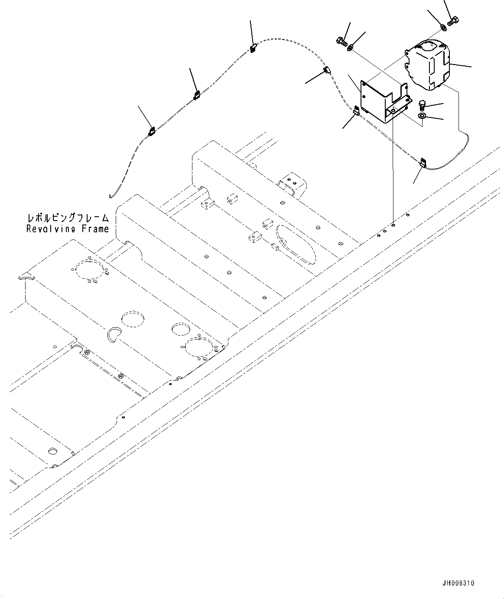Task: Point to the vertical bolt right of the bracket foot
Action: [x=423, y=105]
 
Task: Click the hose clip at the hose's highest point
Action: [x=253, y=48]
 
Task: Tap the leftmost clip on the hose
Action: [x=152, y=130]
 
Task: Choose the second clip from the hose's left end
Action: [x=196, y=94]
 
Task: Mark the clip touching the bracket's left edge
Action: [x=356, y=111]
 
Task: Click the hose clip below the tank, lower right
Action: [x=423, y=163]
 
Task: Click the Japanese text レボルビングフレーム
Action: [x=68, y=217]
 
